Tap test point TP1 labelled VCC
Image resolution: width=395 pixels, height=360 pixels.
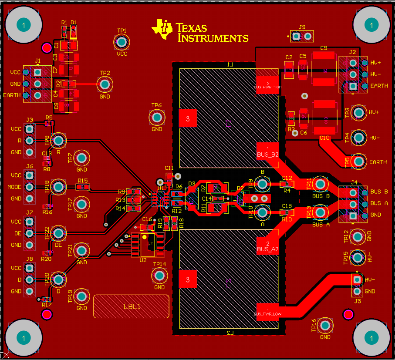pos(122,42)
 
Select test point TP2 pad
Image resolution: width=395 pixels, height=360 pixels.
pos(105,84)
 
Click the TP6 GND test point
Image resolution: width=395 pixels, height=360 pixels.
pos(156,117)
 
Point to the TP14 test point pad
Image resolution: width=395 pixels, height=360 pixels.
pos(159,275)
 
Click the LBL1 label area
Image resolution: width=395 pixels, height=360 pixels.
pos(131,306)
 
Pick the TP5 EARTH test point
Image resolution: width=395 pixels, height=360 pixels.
pos(359,161)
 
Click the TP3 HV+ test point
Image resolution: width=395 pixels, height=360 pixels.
pos(359,113)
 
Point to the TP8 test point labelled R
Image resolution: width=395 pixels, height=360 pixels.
pos(58,140)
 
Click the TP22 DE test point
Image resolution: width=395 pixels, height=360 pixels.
pos(58,233)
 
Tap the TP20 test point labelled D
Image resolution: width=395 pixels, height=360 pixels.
pos(58,279)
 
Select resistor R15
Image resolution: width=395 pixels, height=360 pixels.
pos(82,187)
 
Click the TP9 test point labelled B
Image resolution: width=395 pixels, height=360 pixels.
pos(263,184)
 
